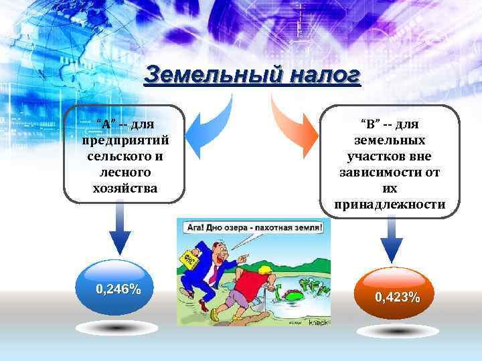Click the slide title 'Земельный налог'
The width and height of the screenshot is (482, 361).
coord(252,76)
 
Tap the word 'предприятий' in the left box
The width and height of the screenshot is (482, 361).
coord(125,140)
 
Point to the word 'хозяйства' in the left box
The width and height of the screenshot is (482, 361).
coord(125,188)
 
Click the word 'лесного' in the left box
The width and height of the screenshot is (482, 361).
coord(125,172)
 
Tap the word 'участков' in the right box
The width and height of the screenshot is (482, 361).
coord(389,156)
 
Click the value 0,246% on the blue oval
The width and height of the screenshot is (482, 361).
coord(118,289)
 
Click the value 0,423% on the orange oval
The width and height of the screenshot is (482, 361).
coord(398,297)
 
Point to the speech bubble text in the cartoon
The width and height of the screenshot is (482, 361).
coord(253,227)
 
